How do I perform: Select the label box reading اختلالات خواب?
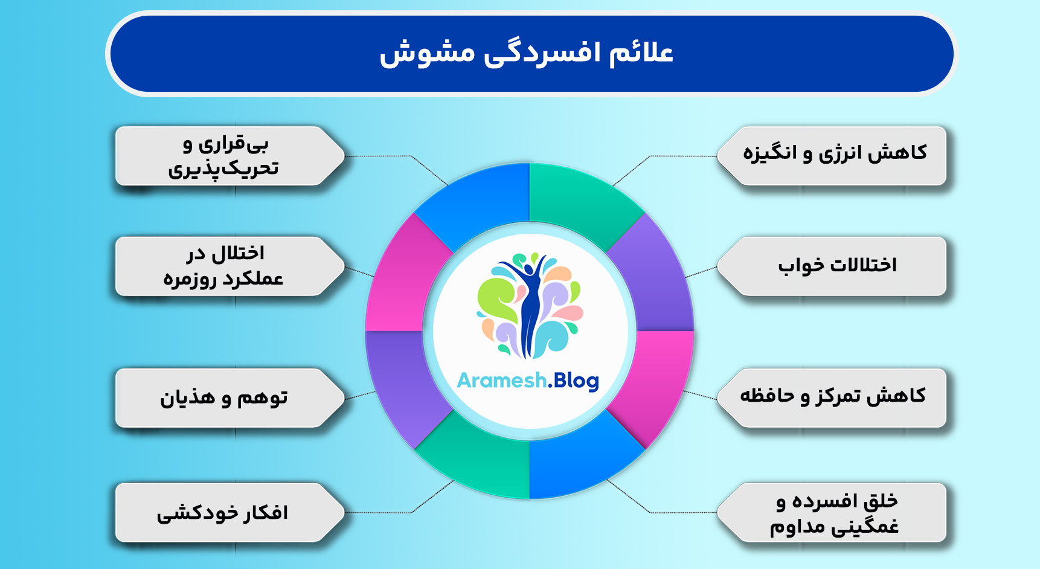click(832, 266)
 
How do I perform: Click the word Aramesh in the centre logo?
click(502, 381)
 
